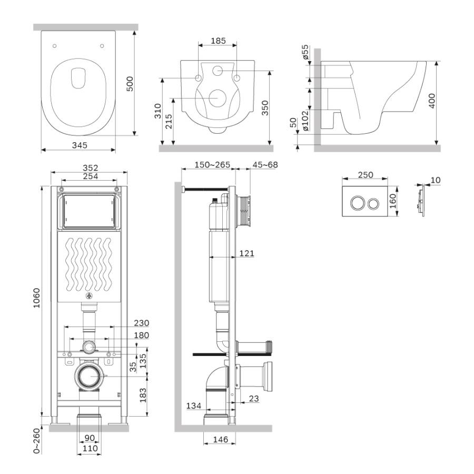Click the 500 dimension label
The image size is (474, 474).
click(130, 83)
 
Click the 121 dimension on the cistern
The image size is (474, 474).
click(245, 254)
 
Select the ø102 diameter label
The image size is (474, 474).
click(304, 120)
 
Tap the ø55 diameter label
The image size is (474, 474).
click(304, 54)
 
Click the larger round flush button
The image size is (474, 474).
click(356, 204)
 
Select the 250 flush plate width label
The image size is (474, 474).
click(365, 175)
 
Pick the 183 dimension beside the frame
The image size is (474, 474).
click(142, 393)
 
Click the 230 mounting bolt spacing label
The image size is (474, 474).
click(141, 323)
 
